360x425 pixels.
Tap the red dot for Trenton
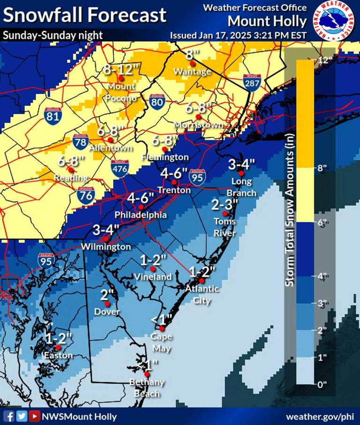[x=174, y=182]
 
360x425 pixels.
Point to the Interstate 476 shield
[x=120, y=168]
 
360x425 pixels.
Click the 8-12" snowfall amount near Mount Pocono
[x=121, y=70]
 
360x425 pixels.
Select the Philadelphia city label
[x=141, y=215]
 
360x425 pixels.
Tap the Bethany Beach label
[x=147, y=388]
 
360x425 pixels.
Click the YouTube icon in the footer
[x=34, y=416]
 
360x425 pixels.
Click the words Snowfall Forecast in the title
[x=84, y=15]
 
